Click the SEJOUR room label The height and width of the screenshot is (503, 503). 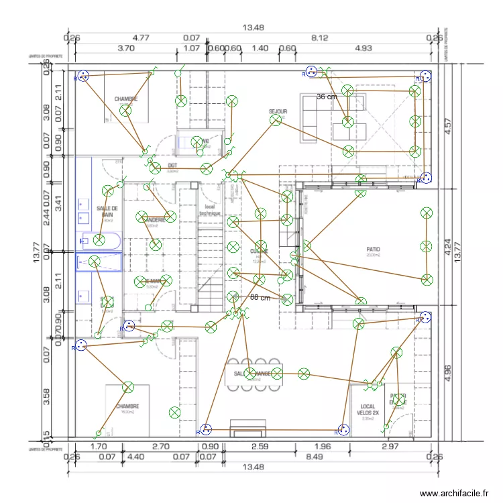(x=278, y=112)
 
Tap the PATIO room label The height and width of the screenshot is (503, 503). (x=374, y=247)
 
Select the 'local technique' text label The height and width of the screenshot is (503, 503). (x=210, y=210)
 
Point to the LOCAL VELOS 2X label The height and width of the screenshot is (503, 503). (x=368, y=410)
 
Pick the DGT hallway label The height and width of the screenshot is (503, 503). (x=172, y=165)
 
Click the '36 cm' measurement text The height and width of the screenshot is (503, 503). (x=327, y=97)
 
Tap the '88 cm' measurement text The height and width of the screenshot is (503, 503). (x=260, y=297)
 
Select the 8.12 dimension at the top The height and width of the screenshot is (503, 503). (x=320, y=38)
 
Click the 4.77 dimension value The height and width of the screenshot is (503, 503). (x=140, y=38)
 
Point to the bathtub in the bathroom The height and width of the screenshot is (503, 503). (x=99, y=241)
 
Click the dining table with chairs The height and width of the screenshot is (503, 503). (x=254, y=377)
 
